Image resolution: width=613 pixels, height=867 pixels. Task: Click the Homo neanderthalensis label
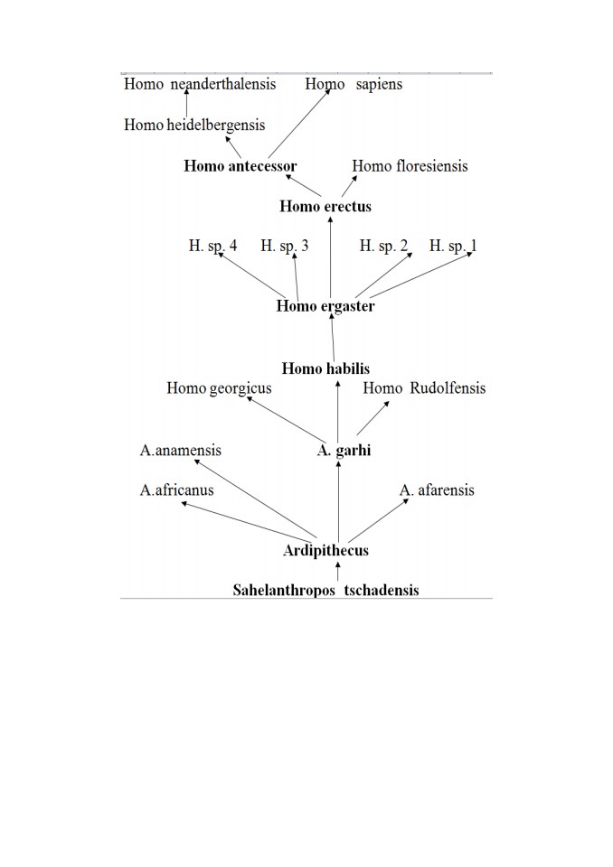pos(200,84)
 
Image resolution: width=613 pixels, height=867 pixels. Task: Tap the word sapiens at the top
pos(379,85)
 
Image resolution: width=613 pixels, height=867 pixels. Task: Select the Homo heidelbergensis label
pos(194,125)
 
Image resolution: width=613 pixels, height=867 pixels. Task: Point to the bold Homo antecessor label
pos(240,166)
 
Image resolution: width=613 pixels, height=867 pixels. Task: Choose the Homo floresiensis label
pos(410,166)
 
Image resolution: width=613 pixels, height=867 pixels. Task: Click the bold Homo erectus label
pos(325,206)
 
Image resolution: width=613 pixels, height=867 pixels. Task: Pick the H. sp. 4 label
pos(212,246)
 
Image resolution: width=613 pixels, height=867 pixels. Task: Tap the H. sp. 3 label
pos(285,246)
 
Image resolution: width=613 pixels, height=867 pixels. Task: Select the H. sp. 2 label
pos(383,246)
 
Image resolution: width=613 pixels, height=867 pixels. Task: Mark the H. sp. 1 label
pos(453,246)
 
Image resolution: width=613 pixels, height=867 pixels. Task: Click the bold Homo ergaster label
pos(325,306)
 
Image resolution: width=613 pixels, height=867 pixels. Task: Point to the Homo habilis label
pos(325,368)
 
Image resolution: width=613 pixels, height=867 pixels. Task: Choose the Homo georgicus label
pos(220,388)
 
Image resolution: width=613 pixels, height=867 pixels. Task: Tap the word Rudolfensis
pos(448,388)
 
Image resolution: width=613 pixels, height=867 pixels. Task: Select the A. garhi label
pos(344,450)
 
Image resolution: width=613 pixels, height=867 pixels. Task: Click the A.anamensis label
pos(181,450)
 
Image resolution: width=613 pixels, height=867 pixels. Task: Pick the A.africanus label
pos(176,489)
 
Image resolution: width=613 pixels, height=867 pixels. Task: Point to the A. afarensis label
pos(437,489)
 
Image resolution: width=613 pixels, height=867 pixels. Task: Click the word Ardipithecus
pos(325,551)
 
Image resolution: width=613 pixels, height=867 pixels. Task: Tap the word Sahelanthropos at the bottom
pos(284,591)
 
